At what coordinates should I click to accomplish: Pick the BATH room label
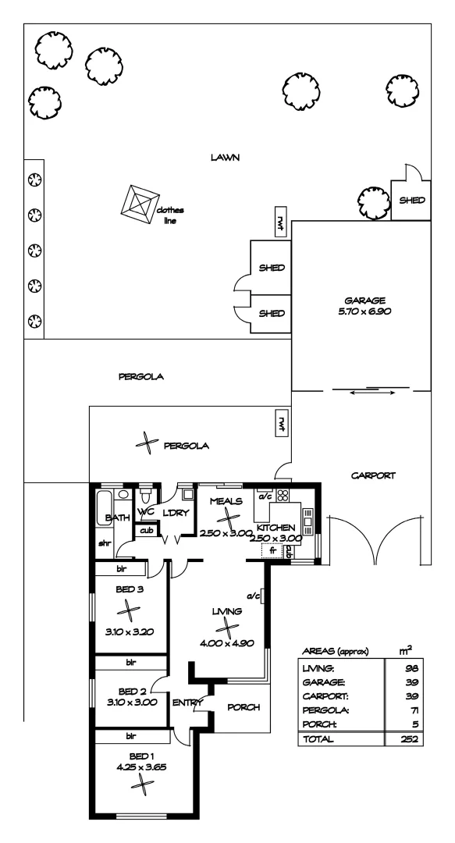[x=117, y=518]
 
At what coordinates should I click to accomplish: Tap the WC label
[x=146, y=512]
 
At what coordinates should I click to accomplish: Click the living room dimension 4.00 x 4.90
[x=227, y=642]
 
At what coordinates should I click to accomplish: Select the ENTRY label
[x=188, y=702]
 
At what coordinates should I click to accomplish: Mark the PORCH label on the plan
[x=243, y=707]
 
